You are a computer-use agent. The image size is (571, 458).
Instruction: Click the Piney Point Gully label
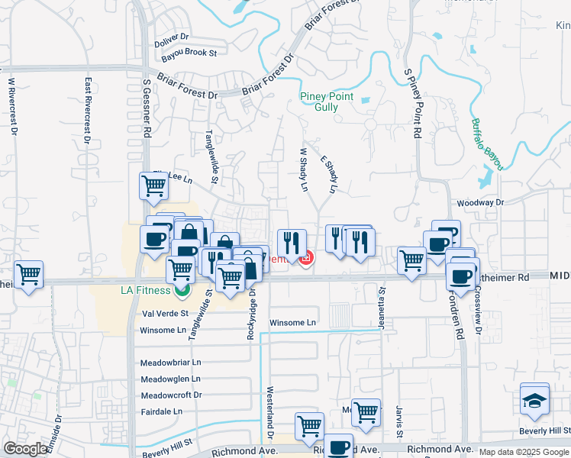click(326, 102)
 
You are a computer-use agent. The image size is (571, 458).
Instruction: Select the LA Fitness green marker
click(182, 290)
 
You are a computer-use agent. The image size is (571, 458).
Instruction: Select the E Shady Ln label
click(329, 174)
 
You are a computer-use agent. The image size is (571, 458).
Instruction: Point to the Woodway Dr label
click(481, 203)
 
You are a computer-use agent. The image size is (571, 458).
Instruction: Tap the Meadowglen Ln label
click(170, 379)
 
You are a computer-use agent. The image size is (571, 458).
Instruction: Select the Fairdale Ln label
click(162, 411)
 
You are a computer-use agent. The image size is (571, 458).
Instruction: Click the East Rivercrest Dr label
click(89, 110)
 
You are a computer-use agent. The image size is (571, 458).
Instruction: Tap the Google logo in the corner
click(25, 449)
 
